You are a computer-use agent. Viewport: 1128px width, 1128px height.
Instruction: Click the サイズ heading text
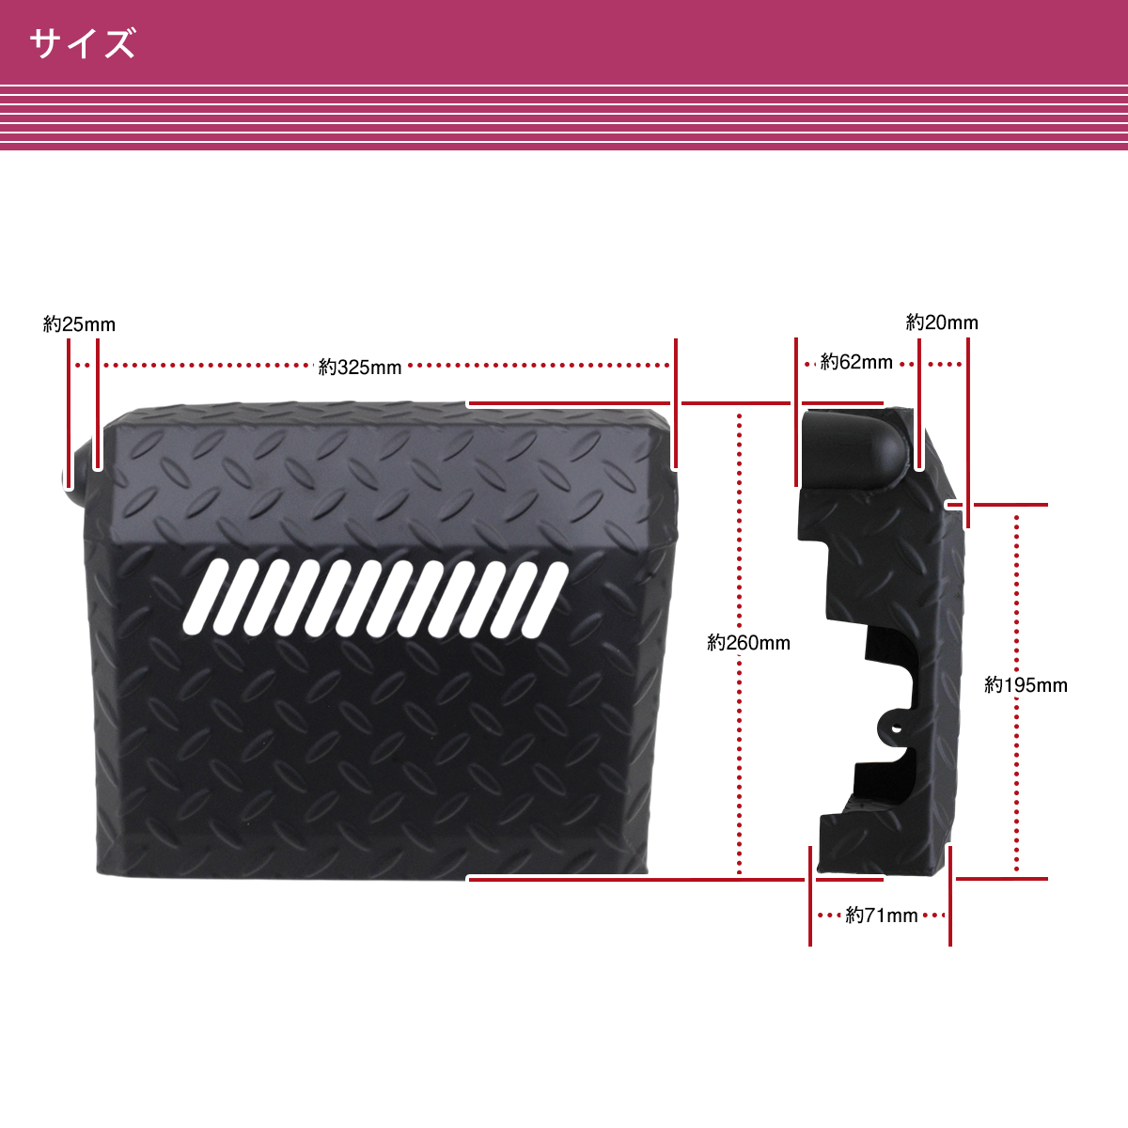(83, 43)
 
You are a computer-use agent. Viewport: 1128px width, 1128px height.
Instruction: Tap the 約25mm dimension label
(79, 324)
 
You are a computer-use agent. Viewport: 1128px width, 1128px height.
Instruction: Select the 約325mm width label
(360, 367)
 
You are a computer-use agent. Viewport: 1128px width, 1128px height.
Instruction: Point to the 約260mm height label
(748, 643)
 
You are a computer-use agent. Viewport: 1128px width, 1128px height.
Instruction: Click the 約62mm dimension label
(856, 362)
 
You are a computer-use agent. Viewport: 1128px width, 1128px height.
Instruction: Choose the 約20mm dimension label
(942, 322)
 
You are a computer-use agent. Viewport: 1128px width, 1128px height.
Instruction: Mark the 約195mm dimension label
(1026, 685)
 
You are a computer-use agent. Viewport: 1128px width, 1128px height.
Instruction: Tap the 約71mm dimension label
(882, 916)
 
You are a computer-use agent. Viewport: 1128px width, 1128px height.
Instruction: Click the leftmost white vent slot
(205, 596)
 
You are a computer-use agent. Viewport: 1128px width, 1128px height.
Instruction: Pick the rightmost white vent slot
(544, 601)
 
